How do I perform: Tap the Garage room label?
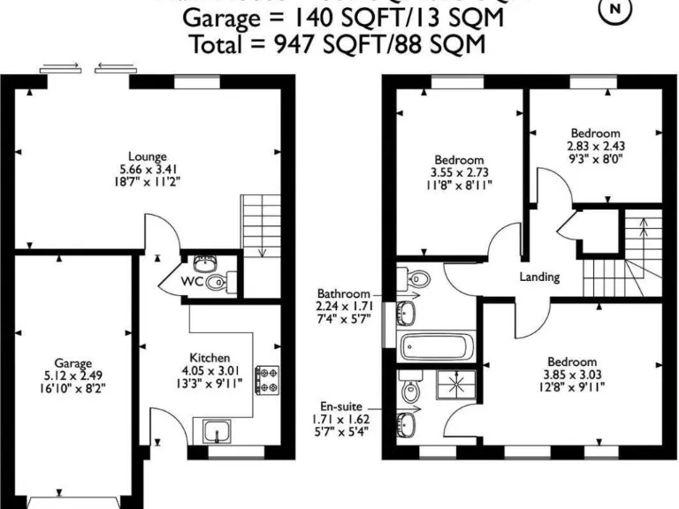point(73,363)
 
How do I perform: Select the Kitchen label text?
point(210,358)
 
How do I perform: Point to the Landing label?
point(539,277)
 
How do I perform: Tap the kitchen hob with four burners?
point(265,380)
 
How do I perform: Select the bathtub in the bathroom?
point(439,346)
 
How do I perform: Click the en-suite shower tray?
point(458,385)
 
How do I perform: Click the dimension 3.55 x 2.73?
point(459,172)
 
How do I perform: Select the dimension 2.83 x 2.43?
point(595,148)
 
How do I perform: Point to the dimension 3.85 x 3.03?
point(571,375)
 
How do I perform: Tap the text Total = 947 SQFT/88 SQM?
point(338,43)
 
